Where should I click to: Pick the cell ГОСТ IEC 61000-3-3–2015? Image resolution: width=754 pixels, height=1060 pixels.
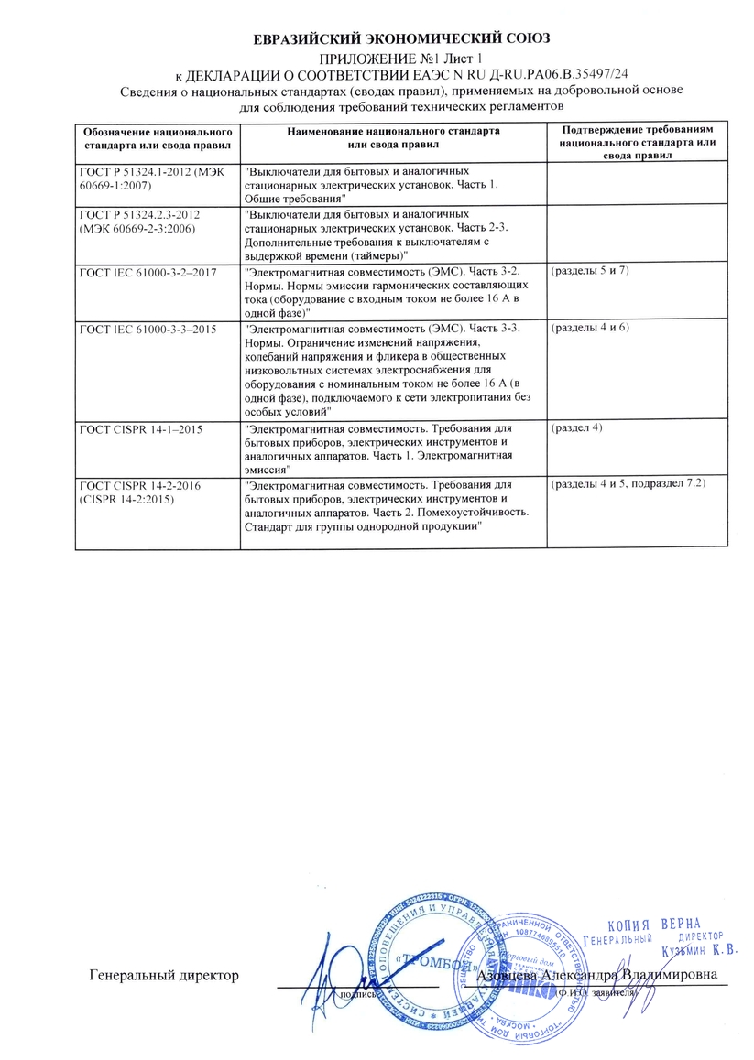pos(152,330)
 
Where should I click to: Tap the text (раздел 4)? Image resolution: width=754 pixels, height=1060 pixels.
pos(575,429)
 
